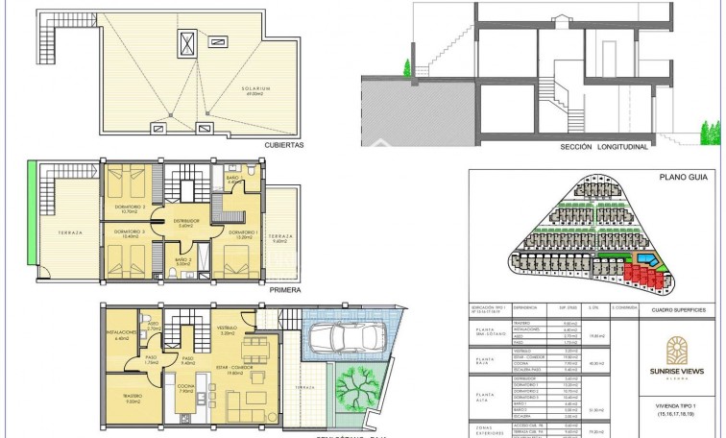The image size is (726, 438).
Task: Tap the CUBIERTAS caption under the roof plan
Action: click(x=283, y=145)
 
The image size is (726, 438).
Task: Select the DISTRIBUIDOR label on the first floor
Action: click(x=186, y=222)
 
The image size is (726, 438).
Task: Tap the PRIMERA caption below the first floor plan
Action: click(x=286, y=289)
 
